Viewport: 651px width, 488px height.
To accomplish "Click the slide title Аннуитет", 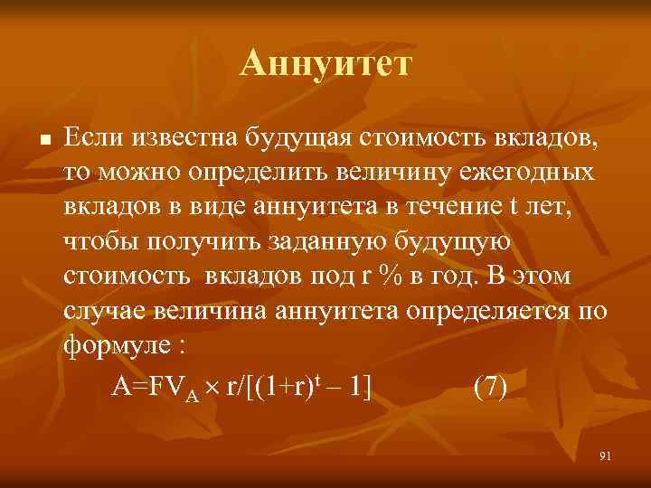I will (325, 65).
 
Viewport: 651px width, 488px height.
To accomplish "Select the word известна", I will (185, 137).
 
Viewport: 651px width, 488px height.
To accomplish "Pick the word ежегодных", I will (529, 172).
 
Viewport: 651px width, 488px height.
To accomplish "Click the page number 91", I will (605, 456).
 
